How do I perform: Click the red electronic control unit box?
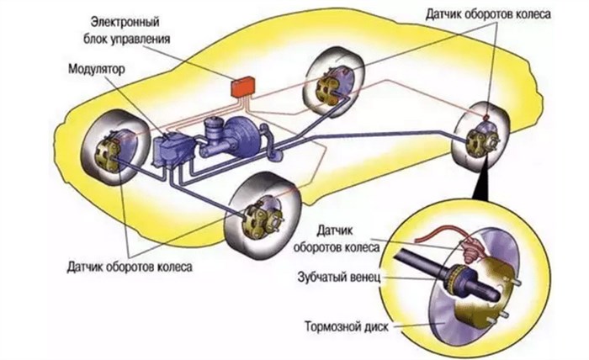click(242, 87)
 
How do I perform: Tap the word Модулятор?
click(97, 69)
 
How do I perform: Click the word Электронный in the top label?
click(125, 22)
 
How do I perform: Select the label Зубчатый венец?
click(339, 278)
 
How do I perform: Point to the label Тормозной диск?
click(347, 326)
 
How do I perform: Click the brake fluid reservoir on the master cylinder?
click(214, 128)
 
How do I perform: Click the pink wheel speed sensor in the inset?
click(470, 251)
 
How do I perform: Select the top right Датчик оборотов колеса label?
click(488, 14)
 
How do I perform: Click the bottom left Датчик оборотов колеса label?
click(130, 267)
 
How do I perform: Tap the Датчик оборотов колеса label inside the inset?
click(337, 239)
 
